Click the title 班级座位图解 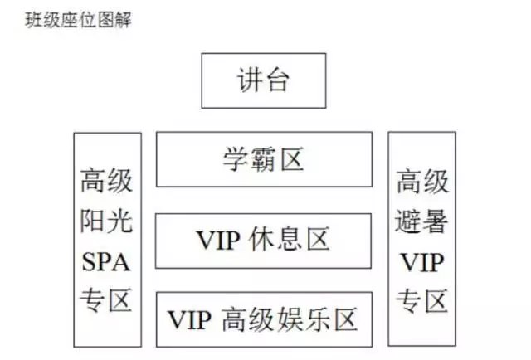pyautogui.click(x=78, y=20)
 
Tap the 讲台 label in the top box pyautogui.click(x=263, y=80)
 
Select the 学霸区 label pyautogui.click(x=263, y=159)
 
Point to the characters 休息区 pyautogui.click(x=289, y=239)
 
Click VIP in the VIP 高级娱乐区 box pyautogui.click(x=190, y=319)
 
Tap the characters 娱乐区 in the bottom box pyautogui.click(x=317, y=319)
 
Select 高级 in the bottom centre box pyautogui.click(x=248, y=319)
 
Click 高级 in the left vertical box pyautogui.click(x=106, y=180)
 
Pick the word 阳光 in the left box pyautogui.click(x=106, y=221)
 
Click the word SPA pyautogui.click(x=106, y=262)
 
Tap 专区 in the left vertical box pyautogui.click(x=105, y=300)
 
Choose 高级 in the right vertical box pyautogui.click(x=422, y=182)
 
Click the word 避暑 pyautogui.click(x=421, y=221)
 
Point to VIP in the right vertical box pyautogui.click(x=422, y=262)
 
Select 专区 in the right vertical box pyautogui.click(x=422, y=300)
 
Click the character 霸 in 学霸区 pyautogui.click(x=264, y=159)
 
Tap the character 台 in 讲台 pyautogui.click(x=277, y=80)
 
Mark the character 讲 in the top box pyautogui.click(x=250, y=80)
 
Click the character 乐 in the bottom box pyautogui.click(x=317, y=319)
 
